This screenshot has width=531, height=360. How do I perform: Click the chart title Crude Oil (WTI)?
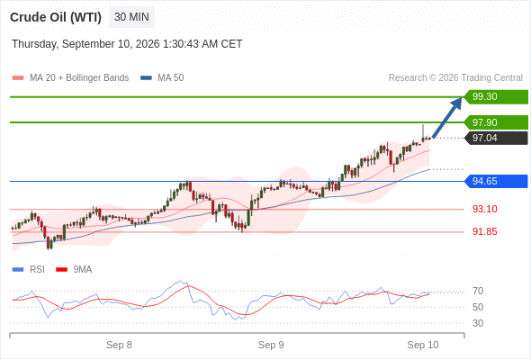click(56, 17)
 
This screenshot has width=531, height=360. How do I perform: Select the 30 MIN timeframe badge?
click(131, 17)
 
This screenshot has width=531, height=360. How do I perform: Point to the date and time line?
click(127, 44)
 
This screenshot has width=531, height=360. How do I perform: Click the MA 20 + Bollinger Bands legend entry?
click(70, 78)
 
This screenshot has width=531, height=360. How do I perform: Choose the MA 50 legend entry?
click(162, 78)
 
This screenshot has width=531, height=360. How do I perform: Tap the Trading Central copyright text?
click(455, 78)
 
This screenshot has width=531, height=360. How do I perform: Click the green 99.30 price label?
click(496, 97)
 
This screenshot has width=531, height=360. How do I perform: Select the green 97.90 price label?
click(496, 122)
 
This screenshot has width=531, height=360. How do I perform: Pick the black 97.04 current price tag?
click(496, 139)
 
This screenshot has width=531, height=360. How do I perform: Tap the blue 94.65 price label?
click(496, 181)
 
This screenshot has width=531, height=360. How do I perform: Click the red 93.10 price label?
click(485, 209)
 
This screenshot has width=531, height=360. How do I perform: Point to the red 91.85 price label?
click(485, 231)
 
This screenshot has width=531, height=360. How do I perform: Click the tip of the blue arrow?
click(462, 97)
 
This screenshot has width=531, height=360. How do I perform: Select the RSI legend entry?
click(29, 270)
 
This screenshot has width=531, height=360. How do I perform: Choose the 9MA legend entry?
click(74, 270)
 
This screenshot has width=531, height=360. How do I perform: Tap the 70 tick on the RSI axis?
click(478, 291)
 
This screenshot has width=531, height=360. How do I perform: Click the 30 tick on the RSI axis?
click(478, 323)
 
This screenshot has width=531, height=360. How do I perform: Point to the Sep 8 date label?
click(119, 345)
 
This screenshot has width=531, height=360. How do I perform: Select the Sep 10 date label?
click(423, 345)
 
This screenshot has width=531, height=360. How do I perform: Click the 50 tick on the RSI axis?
click(478, 307)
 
